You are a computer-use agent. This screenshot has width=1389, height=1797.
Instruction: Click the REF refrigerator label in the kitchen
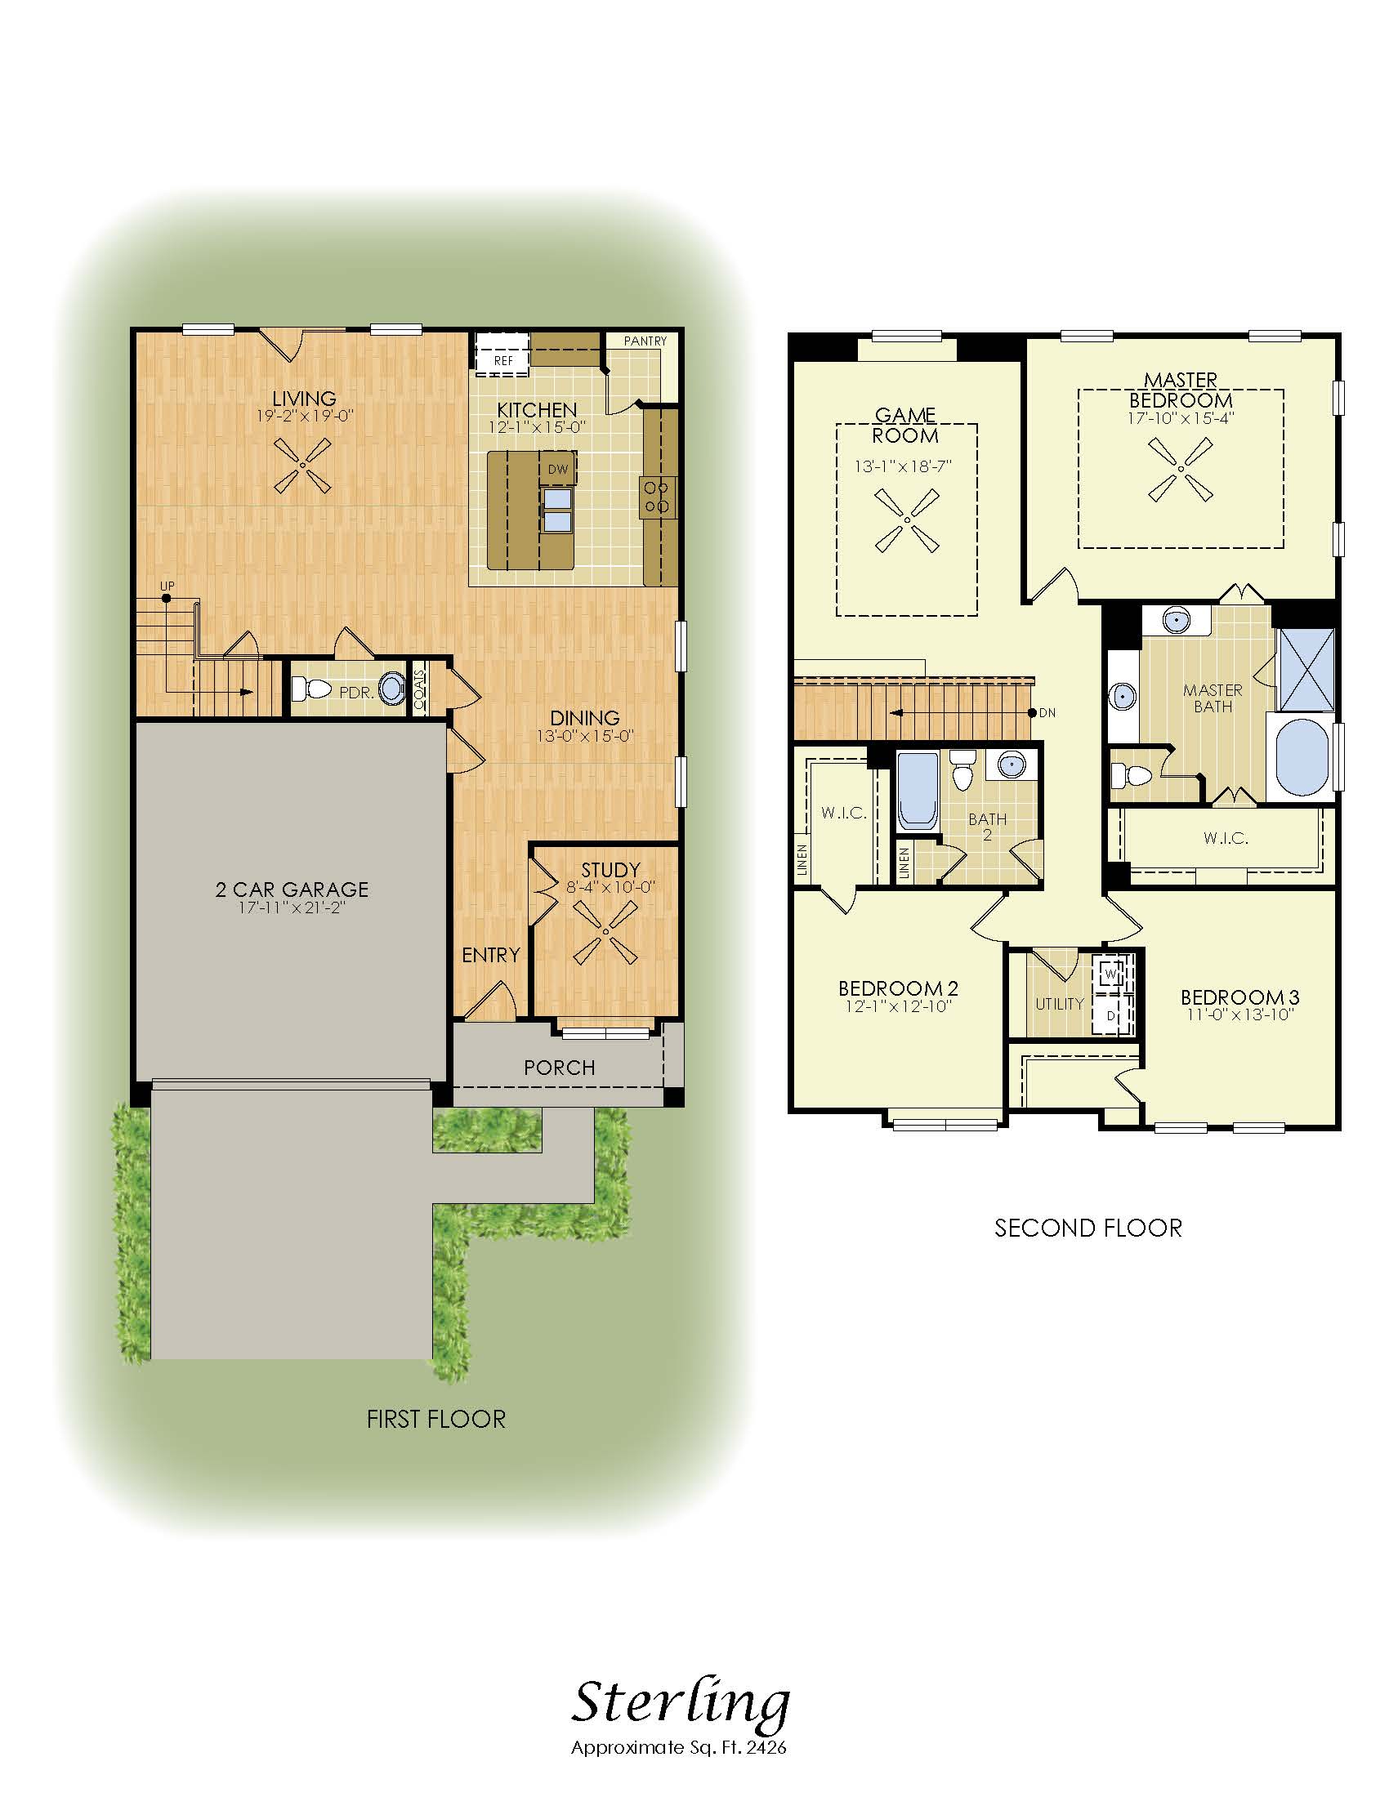tap(502, 360)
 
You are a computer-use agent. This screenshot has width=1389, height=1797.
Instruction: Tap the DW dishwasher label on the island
tap(558, 469)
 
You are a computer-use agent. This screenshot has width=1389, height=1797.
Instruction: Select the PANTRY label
tap(645, 341)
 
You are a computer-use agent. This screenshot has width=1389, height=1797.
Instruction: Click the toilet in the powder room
tap(311, 688)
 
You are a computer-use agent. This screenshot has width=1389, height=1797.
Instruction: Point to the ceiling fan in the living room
tap(302, 466)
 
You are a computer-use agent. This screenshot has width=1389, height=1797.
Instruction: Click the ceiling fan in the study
tap(605, 931)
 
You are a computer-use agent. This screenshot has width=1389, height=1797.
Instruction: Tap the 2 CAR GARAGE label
tap(293, 890)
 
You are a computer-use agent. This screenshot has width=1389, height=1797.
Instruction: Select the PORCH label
tap(560, 1068)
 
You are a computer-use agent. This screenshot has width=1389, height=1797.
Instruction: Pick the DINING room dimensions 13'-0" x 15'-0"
tap(585, 737)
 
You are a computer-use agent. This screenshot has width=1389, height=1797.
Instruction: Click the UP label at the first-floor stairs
tap(167, 586)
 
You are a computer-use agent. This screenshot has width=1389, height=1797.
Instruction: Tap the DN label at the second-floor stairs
tap(1047, 712)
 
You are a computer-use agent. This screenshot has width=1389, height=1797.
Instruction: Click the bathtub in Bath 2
tap(918, 789)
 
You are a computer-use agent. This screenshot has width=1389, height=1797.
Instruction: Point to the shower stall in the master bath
tap(1306, 669)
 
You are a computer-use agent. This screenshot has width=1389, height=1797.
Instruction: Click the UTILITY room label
tap(1060, 1004)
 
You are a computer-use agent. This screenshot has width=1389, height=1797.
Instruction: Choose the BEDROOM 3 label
tap(1240, 997)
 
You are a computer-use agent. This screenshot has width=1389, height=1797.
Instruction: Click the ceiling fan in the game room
tap(907, 520)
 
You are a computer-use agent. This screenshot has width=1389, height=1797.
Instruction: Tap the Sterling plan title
tap(680, 1704)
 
